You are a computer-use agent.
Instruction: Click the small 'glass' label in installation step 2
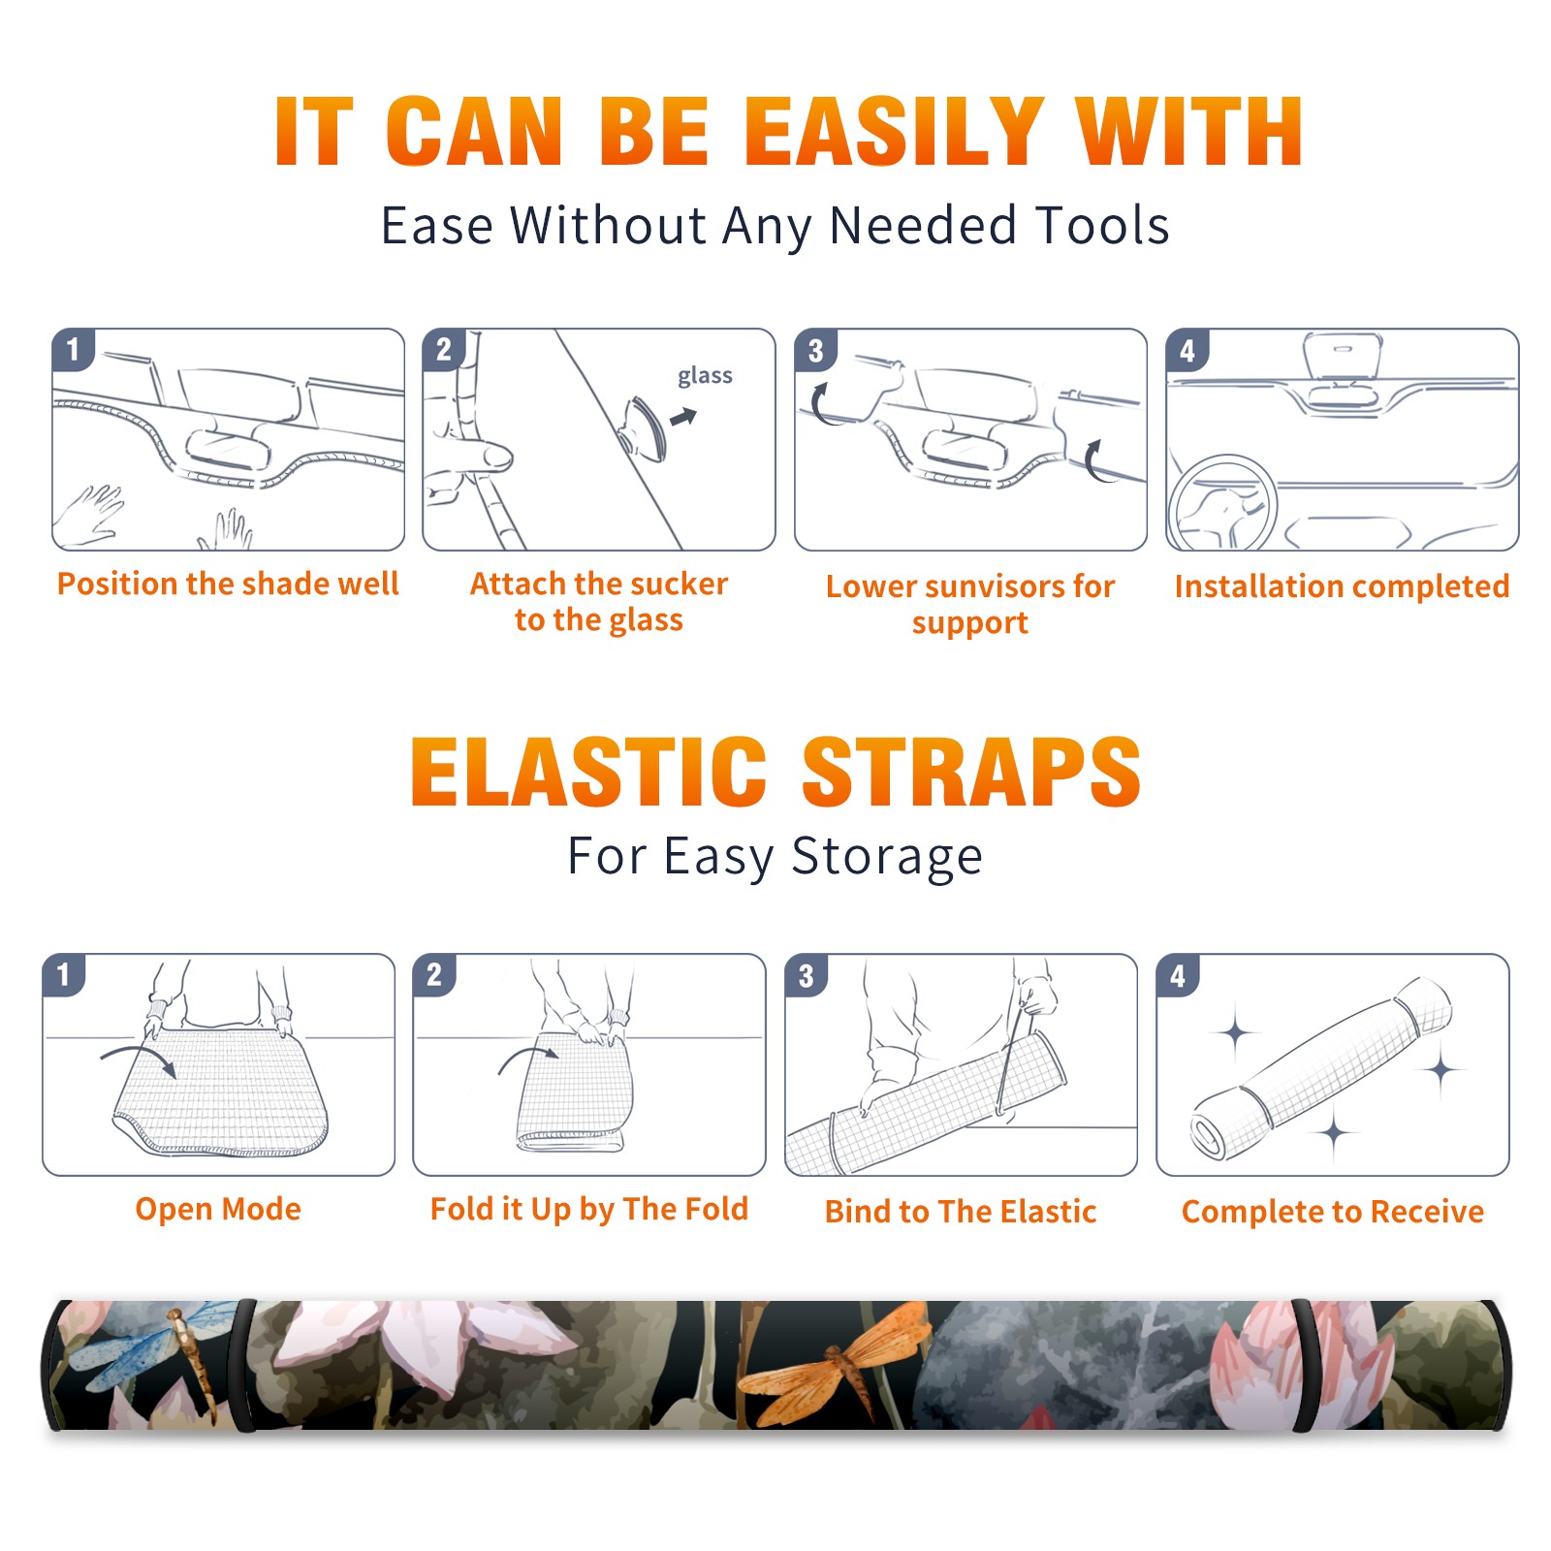point(705,376)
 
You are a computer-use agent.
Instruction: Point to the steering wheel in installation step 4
point(1221,502)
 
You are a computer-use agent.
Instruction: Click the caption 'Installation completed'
point(1342,586)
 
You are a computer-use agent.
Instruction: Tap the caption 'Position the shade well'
point(228,584)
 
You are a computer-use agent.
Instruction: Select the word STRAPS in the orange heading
point(971,772)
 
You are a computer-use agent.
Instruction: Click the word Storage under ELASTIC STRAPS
point(887,857)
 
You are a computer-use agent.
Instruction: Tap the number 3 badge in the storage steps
point(807,976)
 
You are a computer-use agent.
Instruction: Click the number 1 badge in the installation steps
point(73,349)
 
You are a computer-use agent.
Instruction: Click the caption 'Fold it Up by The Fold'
point(589,1209)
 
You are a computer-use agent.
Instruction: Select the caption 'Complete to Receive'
point(1333,1212)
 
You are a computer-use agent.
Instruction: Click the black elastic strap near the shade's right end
point(1306,1365)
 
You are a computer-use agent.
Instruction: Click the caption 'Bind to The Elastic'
point(961,1212)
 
